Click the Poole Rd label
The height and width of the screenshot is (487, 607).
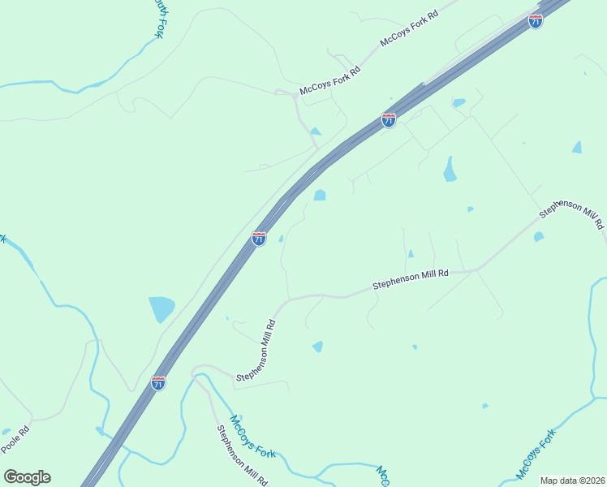click(x=15, y=440)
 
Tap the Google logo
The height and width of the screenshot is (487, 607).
click(x=27, y=477)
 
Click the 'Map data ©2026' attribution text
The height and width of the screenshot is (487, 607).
click(x=571, y=481)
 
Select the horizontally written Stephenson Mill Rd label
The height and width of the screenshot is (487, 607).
click(x=410, y=280)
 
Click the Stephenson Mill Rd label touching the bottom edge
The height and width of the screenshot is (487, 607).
click(x=241, y=455)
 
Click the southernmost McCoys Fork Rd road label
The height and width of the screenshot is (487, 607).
click(x=330, y=80)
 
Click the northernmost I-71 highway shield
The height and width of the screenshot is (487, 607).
click(x=535, y=21)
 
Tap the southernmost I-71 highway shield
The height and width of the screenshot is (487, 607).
click(x=158, y=382)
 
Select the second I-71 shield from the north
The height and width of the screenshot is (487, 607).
click(x=389, y=120)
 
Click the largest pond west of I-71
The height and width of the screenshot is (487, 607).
click(x=161, y=309)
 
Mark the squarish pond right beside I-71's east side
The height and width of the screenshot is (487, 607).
click(x=320, y=195)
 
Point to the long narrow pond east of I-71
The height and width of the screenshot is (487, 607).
click(x=449, y=169)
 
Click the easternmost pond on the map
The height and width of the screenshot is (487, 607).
click(x=576, y=148)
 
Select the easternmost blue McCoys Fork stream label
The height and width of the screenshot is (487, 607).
click(x=538, y=452)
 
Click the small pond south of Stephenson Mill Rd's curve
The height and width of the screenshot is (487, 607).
click(x=317, y=347)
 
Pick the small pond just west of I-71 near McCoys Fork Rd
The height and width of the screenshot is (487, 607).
click(x=315, y=131)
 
